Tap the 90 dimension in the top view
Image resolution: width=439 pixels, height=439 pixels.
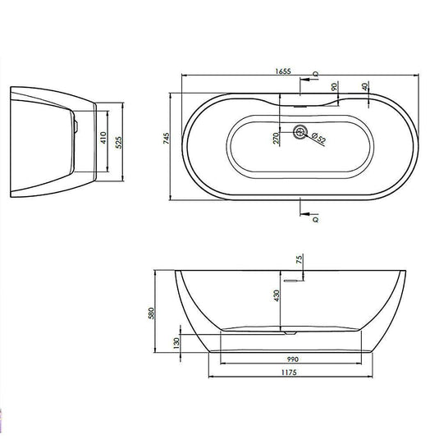pyautogui.click(x=335, y=88)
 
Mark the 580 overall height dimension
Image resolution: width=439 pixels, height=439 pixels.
pyautogui.click(x=163, y=313)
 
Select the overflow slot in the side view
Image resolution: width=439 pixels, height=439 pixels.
pyautogui.click(x=288, y=277)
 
